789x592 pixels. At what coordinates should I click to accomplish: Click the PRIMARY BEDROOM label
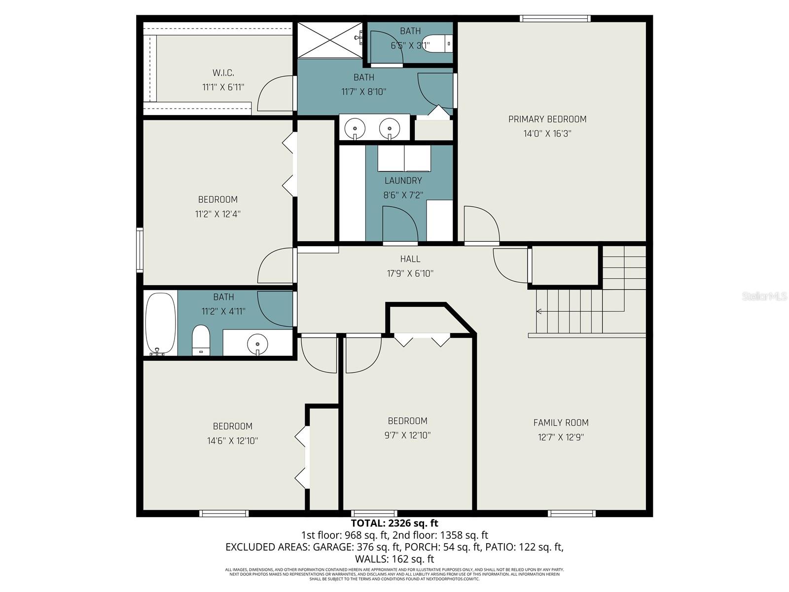[547, 119]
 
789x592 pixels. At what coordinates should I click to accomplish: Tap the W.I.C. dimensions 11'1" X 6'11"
[223, 87]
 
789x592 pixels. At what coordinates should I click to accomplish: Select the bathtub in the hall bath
[160, 323]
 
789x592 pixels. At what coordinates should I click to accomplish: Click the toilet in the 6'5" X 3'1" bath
[437, 43]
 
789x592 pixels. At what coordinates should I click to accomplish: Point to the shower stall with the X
[329, 40]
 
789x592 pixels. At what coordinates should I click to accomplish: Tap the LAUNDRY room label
[403, 181]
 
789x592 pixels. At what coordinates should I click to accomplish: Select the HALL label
[410, 259]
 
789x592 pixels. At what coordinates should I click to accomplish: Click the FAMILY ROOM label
[561, 422]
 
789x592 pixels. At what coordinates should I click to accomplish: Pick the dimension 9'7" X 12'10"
[407, 435]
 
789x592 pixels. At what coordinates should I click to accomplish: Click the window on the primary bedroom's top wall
[555, 19]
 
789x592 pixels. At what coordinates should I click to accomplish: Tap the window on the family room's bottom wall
[572, 514]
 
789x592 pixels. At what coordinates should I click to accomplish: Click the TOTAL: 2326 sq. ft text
[394, 523]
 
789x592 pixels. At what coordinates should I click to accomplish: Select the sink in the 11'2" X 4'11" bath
[257, 342]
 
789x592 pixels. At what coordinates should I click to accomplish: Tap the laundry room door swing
[399, 224]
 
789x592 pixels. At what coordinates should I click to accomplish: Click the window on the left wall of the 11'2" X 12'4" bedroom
[140, 250]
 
